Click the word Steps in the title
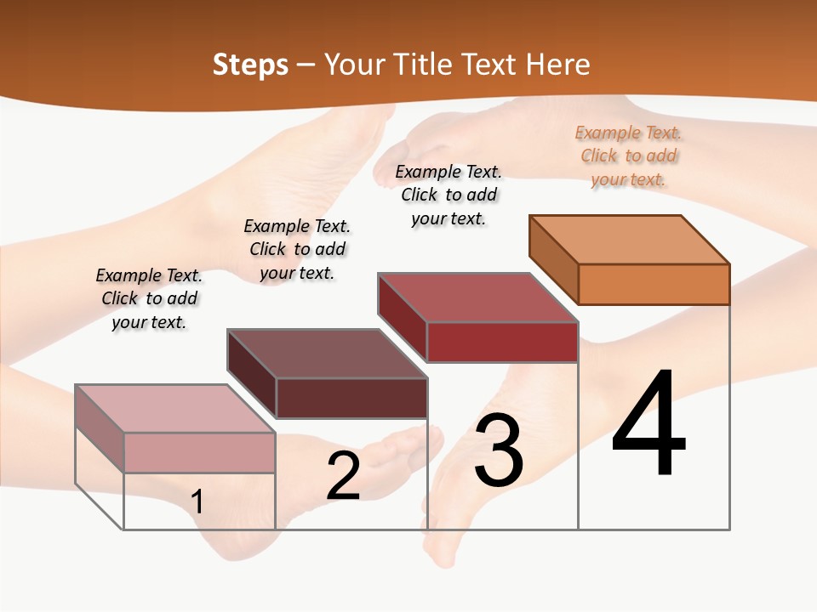[250, 65]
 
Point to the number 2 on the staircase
[343, 476]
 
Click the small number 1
[197, 501]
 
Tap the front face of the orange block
[654, 284]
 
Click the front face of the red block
[502, 342]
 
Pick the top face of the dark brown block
[327, 354]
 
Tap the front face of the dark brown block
[351, 398]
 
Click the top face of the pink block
[174, 409]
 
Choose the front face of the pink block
[199, 452]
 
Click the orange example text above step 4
[629, 156]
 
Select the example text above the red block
[448, 195]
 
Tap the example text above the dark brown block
[297, 249]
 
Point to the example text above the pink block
[149, 298]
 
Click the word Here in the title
[557, 65]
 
